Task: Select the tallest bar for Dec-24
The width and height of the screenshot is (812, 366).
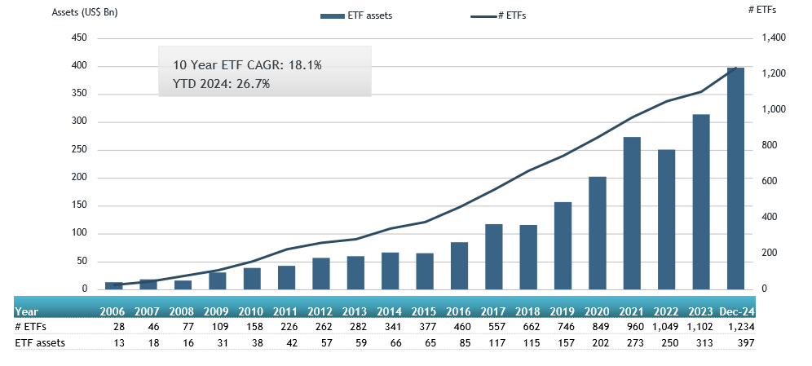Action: point(735,179)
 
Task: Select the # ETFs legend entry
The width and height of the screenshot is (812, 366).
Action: point(498,15)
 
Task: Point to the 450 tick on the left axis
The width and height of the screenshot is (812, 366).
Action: point(80,38)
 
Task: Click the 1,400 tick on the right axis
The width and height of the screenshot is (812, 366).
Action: point(774,38)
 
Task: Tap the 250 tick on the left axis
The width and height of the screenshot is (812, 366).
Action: point(80,150)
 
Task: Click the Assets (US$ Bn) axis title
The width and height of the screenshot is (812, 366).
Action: point(84,13)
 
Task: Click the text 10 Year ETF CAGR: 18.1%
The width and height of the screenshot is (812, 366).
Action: point(247,65)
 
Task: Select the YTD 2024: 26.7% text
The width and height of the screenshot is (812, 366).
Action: point(221,83)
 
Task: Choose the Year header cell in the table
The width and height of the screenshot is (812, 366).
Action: point(26,311)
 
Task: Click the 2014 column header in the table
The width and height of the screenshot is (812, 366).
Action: point(390,311)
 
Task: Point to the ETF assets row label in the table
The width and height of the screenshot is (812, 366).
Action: point(39,342)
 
